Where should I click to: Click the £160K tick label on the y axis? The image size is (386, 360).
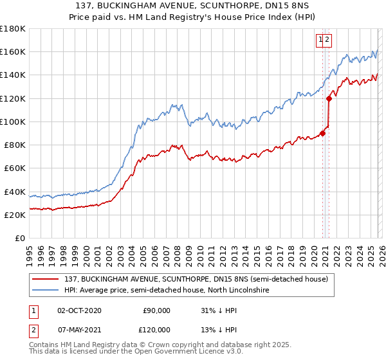[x=13, y=51]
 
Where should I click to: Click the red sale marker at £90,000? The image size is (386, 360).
[x=322, y=134]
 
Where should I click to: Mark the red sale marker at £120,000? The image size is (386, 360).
[x=329, y=98]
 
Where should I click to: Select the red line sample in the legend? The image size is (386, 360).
[x=46, y=279]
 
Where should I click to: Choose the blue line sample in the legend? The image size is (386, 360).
[x=46, y=291]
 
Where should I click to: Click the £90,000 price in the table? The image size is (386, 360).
[x=156, y=310]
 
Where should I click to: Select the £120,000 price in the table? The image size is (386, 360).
[x=154, y=329]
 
